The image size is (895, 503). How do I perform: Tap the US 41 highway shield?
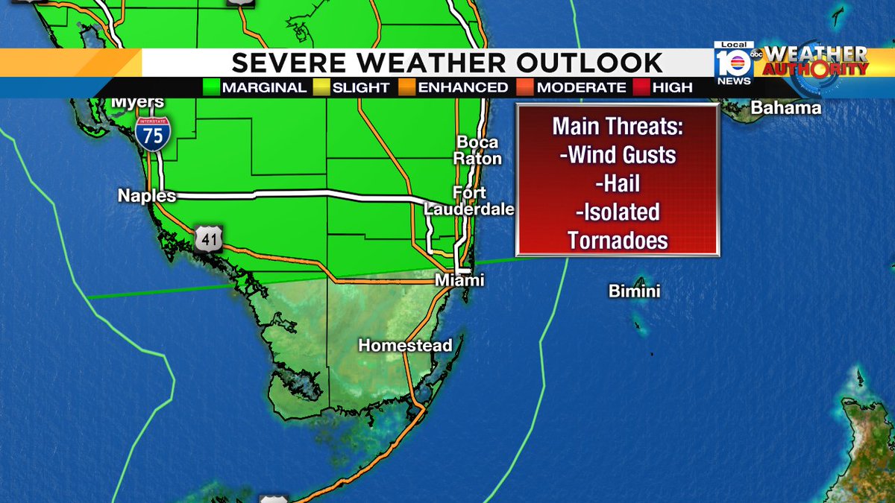[208, 238]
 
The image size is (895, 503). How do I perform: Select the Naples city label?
[146, 196]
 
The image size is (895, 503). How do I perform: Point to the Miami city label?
[460, 280]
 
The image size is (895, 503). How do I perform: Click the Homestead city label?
[405, 346]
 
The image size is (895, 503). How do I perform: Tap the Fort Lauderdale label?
[469, 201]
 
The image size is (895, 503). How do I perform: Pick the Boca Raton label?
[477, 151]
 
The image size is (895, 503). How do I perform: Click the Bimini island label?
[634, 291]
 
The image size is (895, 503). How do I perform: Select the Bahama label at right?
[785, 108]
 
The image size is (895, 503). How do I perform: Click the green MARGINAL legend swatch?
[212, 88]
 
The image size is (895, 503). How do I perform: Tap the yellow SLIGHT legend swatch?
[322, 88]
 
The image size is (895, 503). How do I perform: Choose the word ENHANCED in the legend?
[462, 88]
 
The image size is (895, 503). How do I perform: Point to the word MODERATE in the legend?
[581, 88]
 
